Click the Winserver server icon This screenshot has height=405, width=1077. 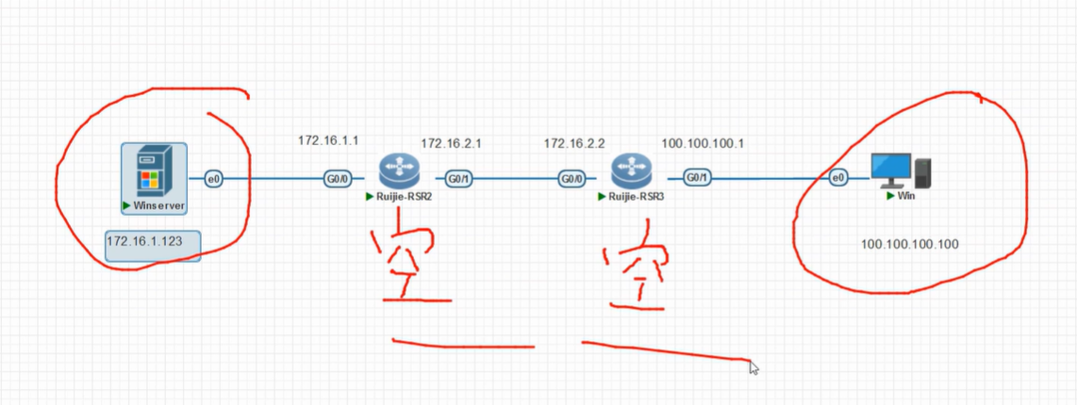tap(154, 171)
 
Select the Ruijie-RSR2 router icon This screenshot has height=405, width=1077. tap(398, 172)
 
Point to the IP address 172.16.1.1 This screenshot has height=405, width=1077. tap(328, 140)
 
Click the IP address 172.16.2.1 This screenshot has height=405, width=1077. tap(452, 143)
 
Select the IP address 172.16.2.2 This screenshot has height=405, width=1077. tap(574, 143)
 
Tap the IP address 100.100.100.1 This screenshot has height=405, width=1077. tap(703, 143)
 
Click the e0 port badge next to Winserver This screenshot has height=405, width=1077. tap(214, 179)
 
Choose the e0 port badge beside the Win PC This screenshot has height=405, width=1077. tap(838, 178)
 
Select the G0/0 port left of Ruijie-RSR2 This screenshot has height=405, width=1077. tap(338, 179)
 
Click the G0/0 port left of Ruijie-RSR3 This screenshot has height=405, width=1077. tap(572, 179)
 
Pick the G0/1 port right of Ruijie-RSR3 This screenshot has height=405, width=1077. tap(698, 178)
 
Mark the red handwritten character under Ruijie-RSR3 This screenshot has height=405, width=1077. tap(636, 267)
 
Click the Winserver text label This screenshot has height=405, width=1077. tap(158, 206)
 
